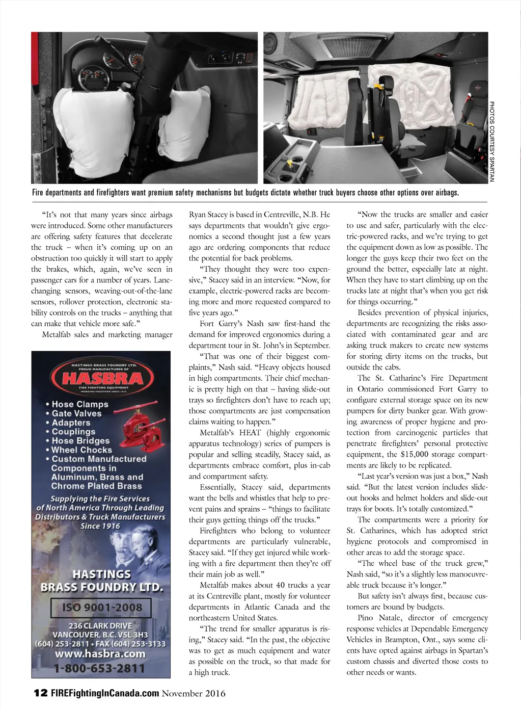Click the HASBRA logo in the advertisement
pos(101,378)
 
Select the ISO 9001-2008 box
pos(101,607)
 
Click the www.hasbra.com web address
pos(101,654)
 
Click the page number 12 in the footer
pos(40,693)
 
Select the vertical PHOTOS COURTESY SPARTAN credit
pos(492,141)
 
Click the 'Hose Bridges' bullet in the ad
pos(80,441)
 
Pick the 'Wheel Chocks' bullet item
pos(81,450)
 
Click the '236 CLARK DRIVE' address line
pos(100,625)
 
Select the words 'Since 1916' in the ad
pos(100,526)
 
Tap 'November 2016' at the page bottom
pos(194,693)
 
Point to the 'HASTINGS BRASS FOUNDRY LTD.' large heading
pos(101,581)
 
